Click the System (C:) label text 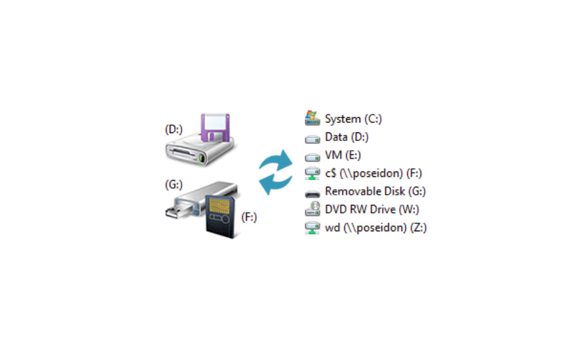point(353,119)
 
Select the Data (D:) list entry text point(347,137)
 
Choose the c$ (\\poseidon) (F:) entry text point(373,173)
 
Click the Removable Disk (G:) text point(375,192)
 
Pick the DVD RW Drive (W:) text point(372,210)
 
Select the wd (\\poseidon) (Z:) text point(375,228)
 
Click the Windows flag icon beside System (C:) point(312,118)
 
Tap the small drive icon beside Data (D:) point(312,139)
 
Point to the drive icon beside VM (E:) point(312,156)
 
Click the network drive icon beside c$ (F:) point(312,174)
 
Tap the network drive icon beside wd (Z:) point(312,228)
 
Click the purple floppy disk point(215,128)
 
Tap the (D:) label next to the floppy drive point(174,129)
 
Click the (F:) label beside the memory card point(250,217)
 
